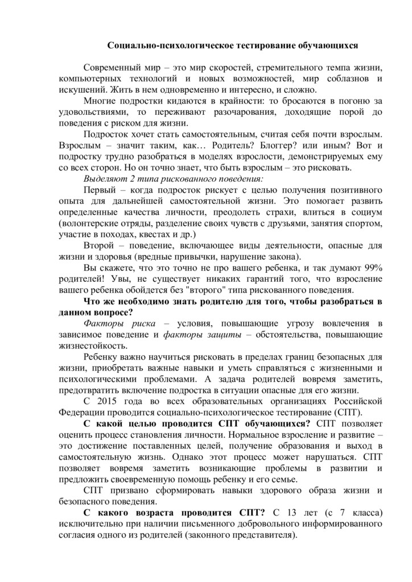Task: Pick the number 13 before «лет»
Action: tap(287, 512)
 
